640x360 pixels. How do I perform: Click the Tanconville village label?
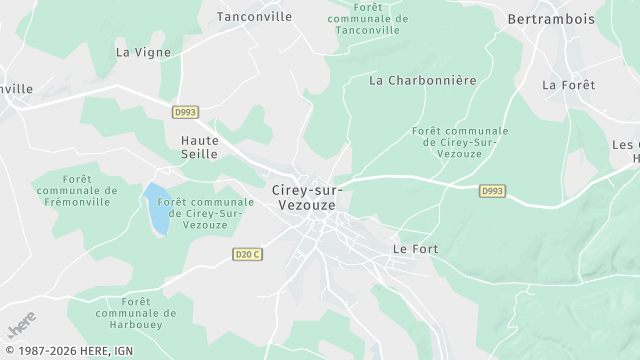255,16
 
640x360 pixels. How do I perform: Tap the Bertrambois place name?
551,18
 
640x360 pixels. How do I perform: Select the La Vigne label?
143,52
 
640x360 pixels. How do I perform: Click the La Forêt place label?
569,85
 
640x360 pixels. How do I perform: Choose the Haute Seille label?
199,147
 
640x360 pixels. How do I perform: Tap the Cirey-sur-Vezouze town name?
305,196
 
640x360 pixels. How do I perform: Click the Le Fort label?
415,248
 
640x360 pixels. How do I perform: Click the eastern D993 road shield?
491,191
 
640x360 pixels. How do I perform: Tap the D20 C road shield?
247,254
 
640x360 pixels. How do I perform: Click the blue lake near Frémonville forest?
156,208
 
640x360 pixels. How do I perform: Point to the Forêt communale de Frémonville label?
76,190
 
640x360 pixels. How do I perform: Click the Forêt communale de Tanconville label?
368,19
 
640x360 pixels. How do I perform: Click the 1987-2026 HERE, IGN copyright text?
67,351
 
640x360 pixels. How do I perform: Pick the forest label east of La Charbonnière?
460,143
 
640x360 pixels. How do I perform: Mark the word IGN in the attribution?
121,351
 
